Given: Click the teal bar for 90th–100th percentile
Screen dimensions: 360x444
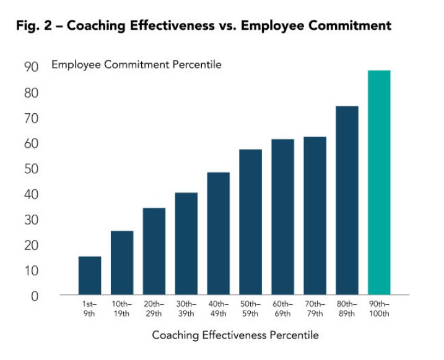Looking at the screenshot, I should [x=379, y=182].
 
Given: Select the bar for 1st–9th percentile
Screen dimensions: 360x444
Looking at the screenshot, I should [x=90, y=275].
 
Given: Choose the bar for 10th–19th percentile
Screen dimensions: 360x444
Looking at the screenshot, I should [x=122, y=262].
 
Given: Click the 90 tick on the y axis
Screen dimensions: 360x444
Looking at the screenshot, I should [x=31, y=67].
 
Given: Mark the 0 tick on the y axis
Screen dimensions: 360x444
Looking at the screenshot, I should [x=35, y=296].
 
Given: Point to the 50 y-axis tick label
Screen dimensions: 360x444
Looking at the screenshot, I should [x=31, y=169].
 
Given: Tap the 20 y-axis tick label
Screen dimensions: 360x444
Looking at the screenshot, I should [x=31, y=245].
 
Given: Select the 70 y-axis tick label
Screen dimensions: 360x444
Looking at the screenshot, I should [x=31, y=118].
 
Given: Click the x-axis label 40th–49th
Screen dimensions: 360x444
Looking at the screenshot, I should [x=219, y=309].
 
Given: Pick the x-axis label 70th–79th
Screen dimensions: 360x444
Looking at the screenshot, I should [x=315, y=309].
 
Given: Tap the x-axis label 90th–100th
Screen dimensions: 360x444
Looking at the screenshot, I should [x=379, y=309].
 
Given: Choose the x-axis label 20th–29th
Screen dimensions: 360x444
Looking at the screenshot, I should [x=154, y=309].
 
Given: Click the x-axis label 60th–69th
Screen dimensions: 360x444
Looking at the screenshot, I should [x=283, y=309].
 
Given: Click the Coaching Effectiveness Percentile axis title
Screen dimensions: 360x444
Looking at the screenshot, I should [x=235, y=335].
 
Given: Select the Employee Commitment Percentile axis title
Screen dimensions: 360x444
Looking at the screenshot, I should [x=136, y=64].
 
